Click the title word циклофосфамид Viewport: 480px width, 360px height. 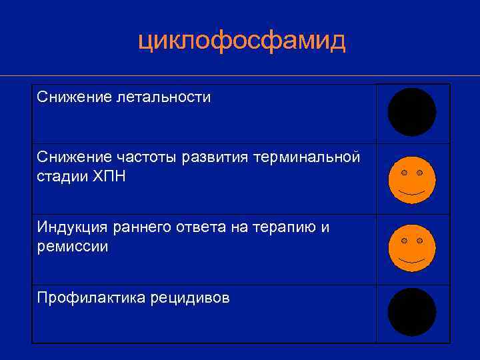[x=241, y=41]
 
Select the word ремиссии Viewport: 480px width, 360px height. [x=73, y=246]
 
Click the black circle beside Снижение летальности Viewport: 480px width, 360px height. [x=412, y=112]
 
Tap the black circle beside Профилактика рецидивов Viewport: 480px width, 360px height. [x=412, y=312]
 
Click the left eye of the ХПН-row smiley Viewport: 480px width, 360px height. [x=404, y=173]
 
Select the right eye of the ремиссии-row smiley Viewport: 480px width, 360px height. [x=420, y=239]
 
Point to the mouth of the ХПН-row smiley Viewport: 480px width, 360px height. [x=412, y=193]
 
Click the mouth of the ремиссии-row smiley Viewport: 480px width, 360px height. [x=412, y=260]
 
